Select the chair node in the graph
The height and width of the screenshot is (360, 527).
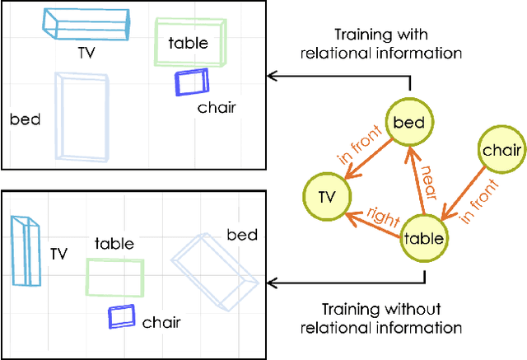click(x=501, y=149)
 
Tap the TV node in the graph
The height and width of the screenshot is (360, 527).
click(x=327, y=196)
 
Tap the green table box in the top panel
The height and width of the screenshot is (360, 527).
click(x=190, y=41)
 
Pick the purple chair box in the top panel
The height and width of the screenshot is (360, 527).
click(x=192, y=82)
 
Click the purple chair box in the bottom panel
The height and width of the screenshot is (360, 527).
click(x=122, y=316)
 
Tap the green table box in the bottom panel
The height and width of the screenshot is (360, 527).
click(x=115, y=277)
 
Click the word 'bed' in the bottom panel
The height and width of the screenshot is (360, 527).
click(x=242, y=235)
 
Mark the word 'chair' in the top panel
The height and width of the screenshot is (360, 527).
click(x=217, y=106)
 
